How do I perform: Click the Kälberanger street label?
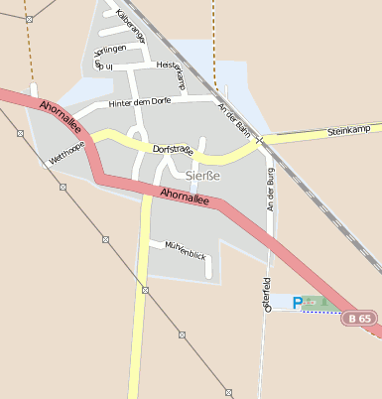tap(131, 26)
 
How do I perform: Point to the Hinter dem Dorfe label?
tap(156, 100)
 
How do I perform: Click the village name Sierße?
tap(202, 176)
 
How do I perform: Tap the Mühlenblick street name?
tap(186, 249)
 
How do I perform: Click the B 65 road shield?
tap(361, 319)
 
